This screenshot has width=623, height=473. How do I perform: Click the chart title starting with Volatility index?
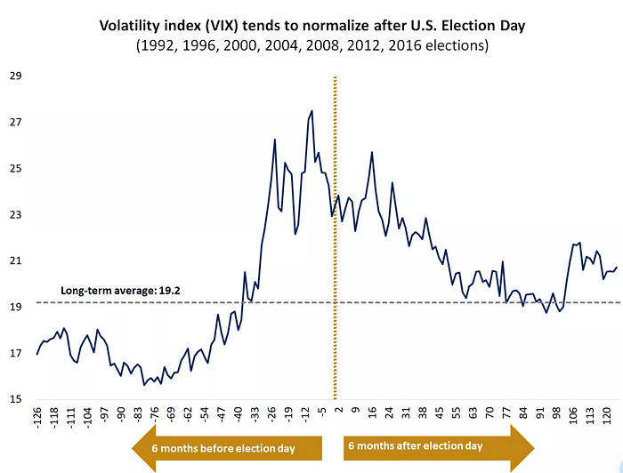click(311, 25)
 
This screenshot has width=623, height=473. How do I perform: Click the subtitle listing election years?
click(311, 44)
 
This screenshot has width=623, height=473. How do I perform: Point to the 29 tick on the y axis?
click(17, 76)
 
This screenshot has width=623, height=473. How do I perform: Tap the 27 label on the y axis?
click(17, 123)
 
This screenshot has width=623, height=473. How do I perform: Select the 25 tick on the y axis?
click(17, 169)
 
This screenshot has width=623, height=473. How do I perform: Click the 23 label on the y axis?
click(17, 215)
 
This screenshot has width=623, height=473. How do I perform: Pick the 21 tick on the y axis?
click(17, 261)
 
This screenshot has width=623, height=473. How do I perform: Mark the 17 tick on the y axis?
click(17, 354)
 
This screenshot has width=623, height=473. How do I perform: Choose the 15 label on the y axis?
click(17, 400)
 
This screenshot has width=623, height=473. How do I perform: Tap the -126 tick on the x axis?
click(36, 419)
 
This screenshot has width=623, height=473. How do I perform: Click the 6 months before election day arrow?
click(227, 447)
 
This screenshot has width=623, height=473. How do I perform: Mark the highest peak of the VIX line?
click(311, 111)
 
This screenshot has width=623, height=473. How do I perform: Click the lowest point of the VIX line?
click(144, 385)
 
